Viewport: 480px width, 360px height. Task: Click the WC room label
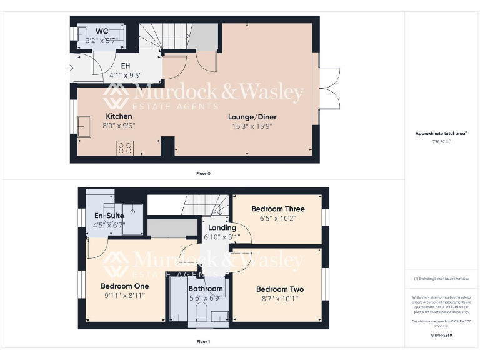click(x=102, y=31)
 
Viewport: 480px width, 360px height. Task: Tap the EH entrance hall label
click(x=126, y=66)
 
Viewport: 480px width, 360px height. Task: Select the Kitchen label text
click(x=119, y=116)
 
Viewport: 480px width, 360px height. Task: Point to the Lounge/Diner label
click(x=252, y=117)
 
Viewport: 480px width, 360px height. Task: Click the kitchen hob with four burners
click(x=124, y=148)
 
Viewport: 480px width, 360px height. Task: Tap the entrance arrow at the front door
click(x=69, y=67)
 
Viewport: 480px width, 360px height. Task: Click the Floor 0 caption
click(x=203, y=173)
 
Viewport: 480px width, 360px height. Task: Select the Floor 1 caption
click(x=203, y=342)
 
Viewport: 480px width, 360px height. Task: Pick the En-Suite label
click(x=109, y=216)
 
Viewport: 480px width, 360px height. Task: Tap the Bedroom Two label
click(x=280, y=289)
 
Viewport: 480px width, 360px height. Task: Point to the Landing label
click(x=222, y=228)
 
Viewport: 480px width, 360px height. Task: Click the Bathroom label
click(x=206, y=289)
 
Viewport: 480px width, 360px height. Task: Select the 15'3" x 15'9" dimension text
click(x=252, y=126)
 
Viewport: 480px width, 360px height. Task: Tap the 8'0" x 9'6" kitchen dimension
click(x=119, y=125)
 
